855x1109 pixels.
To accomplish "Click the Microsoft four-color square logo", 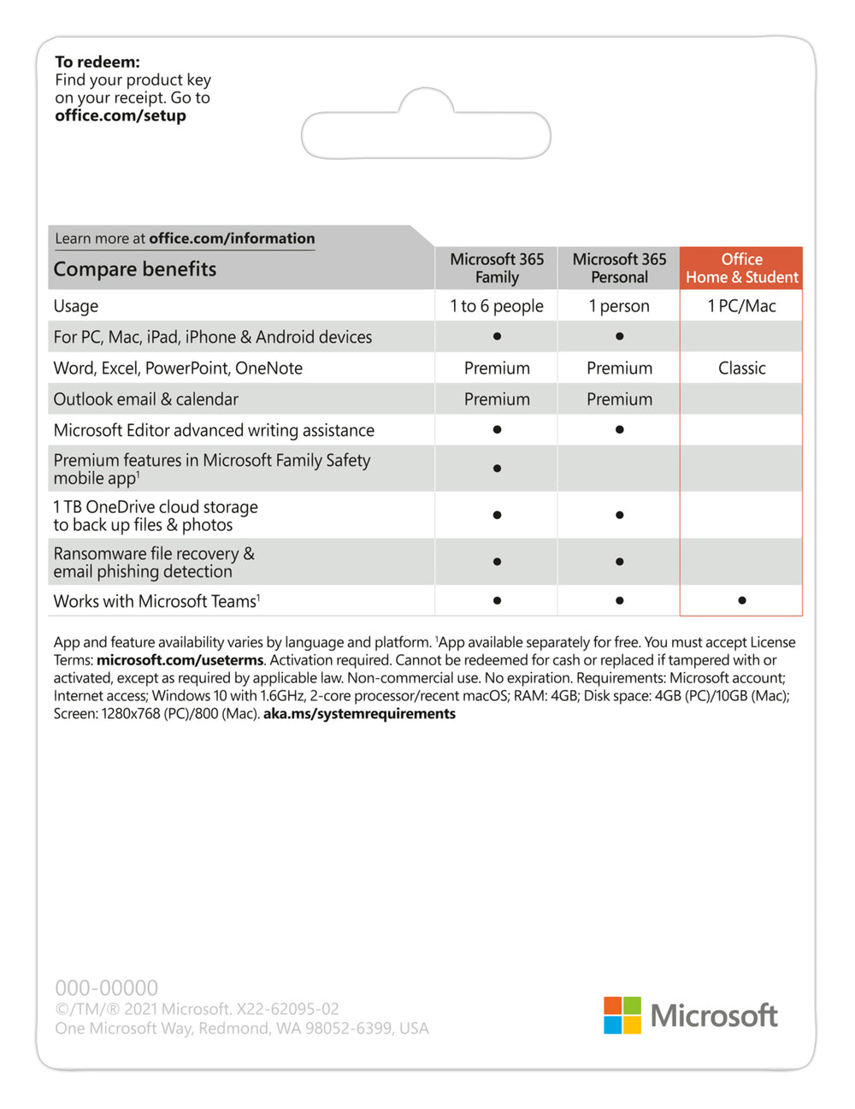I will coord(622,1015).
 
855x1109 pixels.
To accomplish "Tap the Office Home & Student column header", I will coord(741,268).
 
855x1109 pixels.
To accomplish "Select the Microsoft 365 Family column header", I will coord(497,268).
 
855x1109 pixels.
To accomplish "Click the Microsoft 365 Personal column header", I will coord(619,268).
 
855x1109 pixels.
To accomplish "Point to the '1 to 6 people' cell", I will coord(497,306).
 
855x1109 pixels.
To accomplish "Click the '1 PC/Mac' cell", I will coord(741,306).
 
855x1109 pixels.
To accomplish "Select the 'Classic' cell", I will coord(741,369).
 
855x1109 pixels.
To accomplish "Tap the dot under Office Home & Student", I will coord(741,600).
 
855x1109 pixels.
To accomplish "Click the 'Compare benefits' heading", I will coord(135,269).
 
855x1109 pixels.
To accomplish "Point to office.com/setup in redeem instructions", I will coord(121,115).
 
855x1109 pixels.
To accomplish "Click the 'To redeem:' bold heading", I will coord(97,62).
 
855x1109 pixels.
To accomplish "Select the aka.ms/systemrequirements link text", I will coord(359,714).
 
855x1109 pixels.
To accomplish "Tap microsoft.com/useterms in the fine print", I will coord(180,660).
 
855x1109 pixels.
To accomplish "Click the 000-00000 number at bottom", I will coord(106,988).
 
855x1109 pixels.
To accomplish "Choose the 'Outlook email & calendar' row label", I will coord(146,399).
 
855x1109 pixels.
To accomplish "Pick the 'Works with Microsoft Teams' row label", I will coord(156,601).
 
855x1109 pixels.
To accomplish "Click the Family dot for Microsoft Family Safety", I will coord(497,469).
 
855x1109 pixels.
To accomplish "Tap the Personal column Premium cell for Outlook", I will coord(619,399).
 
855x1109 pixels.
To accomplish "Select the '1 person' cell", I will coord(619,306).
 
